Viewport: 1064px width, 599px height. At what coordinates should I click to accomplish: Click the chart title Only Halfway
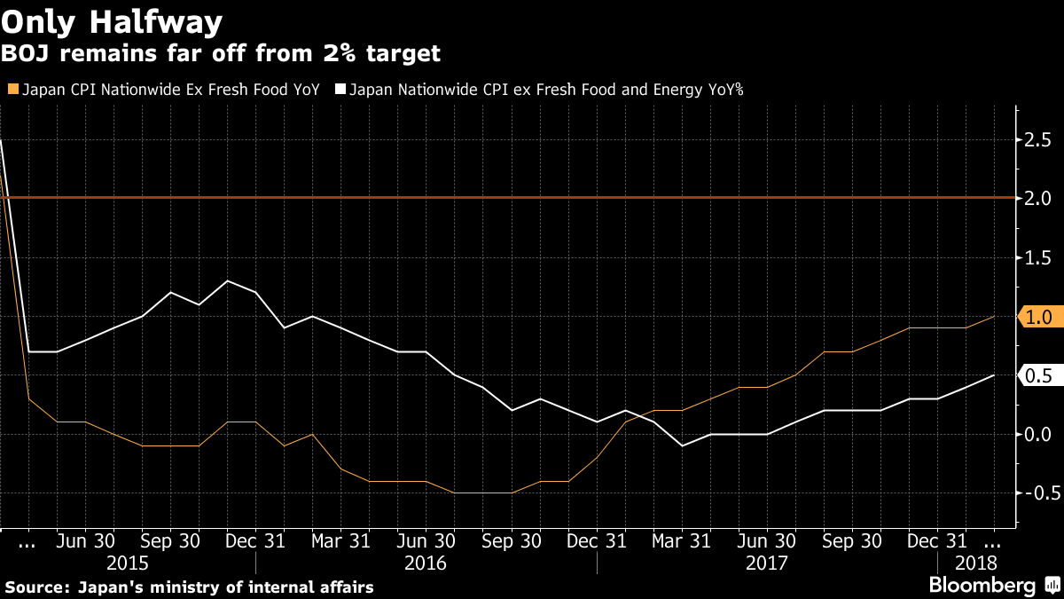[112, 20]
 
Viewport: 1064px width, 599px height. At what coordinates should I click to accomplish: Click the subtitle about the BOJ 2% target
[221, 54]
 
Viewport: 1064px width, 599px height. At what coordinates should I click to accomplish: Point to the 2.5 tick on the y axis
[1038, 140]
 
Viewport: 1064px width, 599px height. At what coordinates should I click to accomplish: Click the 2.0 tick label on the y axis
[1038, 198]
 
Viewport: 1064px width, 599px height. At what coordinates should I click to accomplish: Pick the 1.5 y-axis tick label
[1038, 257]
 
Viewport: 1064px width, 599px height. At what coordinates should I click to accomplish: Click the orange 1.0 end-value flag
[1037, 317]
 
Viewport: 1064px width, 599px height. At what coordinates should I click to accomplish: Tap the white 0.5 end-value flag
[1037, 375]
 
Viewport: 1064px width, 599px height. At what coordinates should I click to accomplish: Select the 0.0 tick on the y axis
[1038, 434]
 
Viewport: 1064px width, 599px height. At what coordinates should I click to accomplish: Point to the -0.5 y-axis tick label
[1035, 493]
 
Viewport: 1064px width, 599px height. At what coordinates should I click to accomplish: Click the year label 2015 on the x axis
[128, 563]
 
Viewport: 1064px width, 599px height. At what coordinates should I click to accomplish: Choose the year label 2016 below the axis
[426, 563]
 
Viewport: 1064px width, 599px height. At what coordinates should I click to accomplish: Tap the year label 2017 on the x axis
[767, 563]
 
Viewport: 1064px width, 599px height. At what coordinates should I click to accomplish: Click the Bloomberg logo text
[982, 586]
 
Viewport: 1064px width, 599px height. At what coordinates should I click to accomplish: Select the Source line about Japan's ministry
[189, 587]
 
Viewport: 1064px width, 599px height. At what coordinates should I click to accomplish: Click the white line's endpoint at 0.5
[994, 375]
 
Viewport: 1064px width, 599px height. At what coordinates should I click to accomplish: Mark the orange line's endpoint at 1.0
[994, 316]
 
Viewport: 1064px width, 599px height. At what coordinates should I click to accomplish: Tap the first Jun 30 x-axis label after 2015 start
[85, 540]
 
